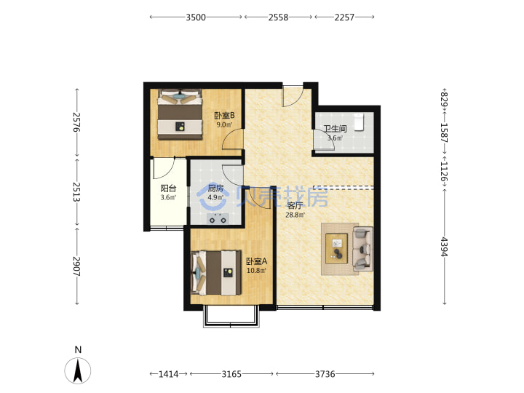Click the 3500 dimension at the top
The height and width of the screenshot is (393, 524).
tap(196, 17)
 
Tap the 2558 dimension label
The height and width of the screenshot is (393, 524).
tap(278, 17)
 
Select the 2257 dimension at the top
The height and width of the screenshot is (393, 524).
tap(344, 17)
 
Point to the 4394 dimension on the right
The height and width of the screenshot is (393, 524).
tap(444, 247)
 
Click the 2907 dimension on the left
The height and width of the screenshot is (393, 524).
tap(77, 266)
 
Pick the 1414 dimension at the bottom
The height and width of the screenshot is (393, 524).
tap(168, 374)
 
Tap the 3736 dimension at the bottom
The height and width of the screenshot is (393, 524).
tap(325, 374)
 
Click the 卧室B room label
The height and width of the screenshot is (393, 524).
tap(224, 116)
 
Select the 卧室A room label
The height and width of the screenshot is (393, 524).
tap(257, 261)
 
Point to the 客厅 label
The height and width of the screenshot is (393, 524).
tap(295, 205)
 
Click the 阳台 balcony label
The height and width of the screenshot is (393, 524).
tap(168, 188)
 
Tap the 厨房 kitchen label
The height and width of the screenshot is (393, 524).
tap(215, 188)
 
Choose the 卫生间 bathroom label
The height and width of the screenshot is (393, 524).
tap(335, 129)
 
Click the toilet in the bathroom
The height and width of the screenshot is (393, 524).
tap(359, 122)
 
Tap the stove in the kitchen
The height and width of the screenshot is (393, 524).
tap(218, 218)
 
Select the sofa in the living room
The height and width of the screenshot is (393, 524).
tap(362, 249)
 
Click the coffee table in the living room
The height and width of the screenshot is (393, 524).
tap(336, 249)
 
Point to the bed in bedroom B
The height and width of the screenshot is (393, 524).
tap(180, 114)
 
